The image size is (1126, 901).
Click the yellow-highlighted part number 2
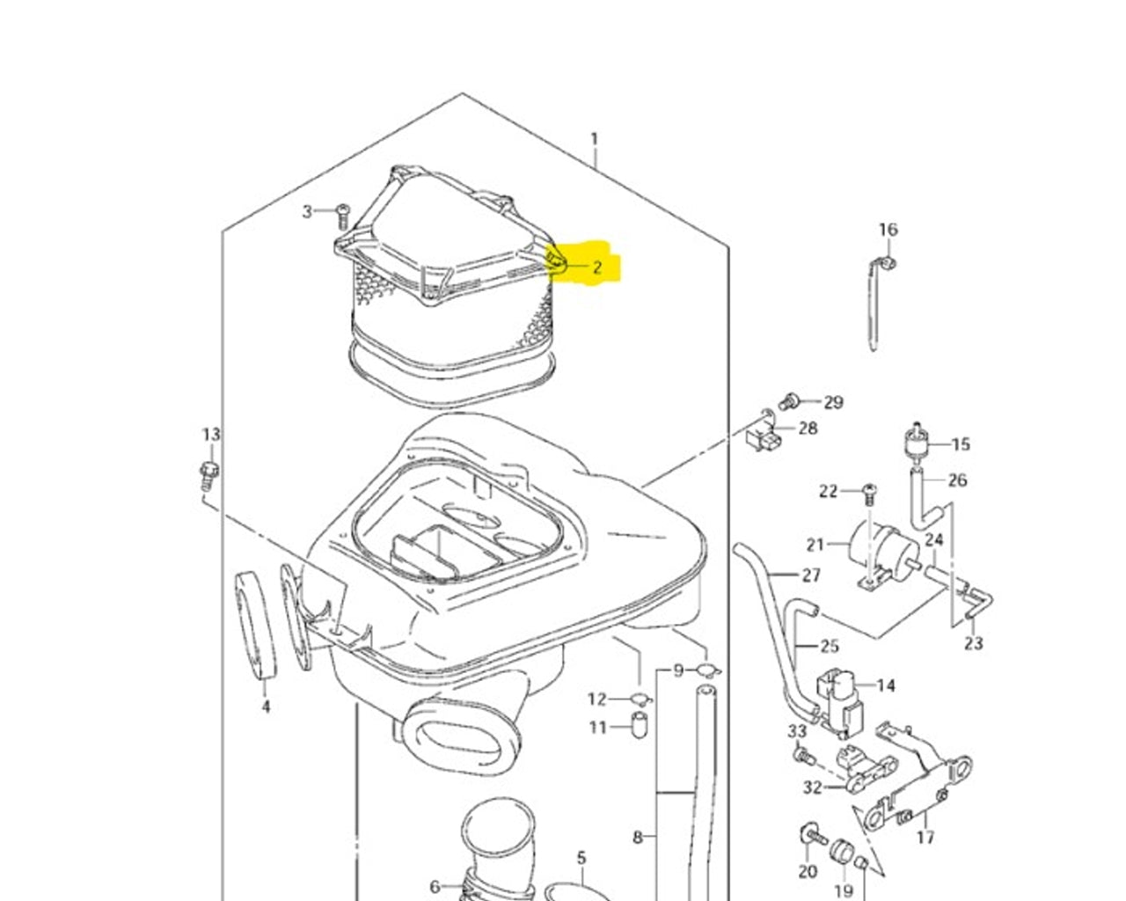(597, 267)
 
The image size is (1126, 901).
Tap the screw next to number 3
(342, 214)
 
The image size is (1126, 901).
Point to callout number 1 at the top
(595, 139)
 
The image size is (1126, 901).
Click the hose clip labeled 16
(888, 263)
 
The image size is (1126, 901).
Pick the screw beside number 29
(789, 401)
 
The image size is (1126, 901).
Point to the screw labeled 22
(870, 492)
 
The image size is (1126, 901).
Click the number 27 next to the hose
(811, 575)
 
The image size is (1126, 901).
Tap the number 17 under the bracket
(925, 837)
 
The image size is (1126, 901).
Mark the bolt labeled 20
(808, 835)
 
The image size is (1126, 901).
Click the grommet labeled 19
(844, 853)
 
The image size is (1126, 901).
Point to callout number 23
(973, 643)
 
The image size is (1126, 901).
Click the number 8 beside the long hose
(637, 837)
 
